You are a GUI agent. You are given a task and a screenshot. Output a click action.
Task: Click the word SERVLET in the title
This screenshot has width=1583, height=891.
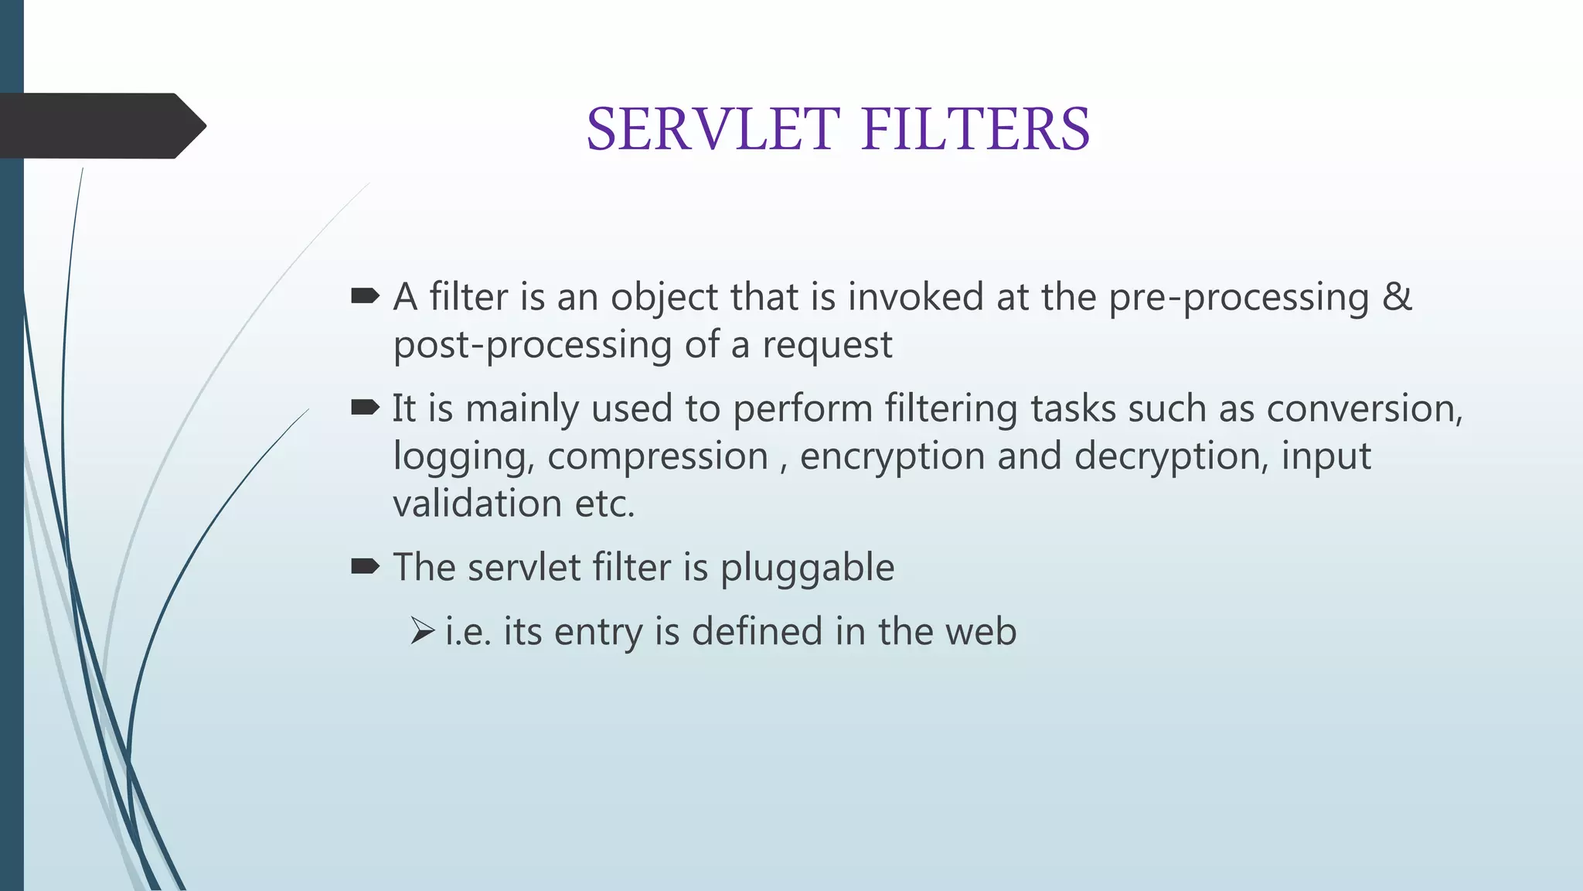click(713, 129)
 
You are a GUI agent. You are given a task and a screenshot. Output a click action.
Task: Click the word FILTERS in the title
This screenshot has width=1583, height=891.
click(975, 129)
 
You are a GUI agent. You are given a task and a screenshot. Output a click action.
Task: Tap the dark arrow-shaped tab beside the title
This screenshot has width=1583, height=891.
click(100, 126)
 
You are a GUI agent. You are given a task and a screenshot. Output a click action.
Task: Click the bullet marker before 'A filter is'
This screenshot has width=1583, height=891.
click(365, 295)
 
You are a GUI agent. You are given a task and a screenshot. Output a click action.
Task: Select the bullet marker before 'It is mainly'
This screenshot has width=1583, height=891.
click(365, 407)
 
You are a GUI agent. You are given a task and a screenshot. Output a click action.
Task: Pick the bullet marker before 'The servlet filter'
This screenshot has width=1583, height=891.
click(365, 567)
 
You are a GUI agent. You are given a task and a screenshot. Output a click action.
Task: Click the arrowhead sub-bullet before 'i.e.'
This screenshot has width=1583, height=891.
click(423, 631)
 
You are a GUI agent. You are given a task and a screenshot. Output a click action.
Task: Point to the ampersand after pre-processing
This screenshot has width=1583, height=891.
click(1397, 297)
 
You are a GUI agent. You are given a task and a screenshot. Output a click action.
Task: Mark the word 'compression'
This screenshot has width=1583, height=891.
click(658, 457)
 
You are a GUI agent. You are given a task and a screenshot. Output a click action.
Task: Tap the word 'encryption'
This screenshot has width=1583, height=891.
click(892, 457)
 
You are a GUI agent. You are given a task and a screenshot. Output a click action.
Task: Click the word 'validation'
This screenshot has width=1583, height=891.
click(477, 504)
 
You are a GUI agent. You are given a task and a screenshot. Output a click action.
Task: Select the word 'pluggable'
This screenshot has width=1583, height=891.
click(807, 568)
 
